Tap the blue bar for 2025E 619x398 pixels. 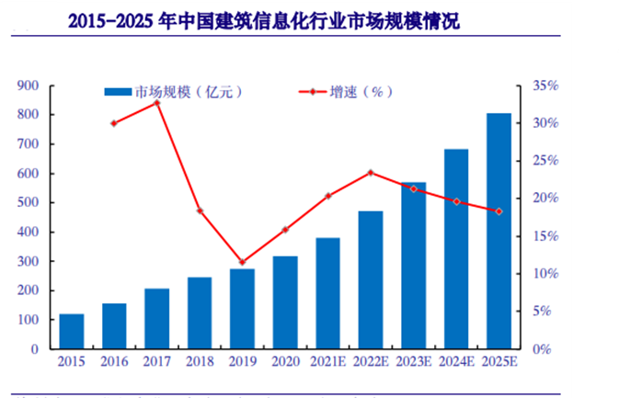coord(499,231)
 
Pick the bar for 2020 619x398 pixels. coord(285,302)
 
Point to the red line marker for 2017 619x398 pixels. coord(157,102)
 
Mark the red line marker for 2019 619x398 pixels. coord(243,262)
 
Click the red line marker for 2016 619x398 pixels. coord(114,122)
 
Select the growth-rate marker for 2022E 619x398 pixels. coord(371,172)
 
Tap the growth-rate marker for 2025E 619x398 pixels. coord(499,211)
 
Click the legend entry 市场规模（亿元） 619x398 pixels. coord(171,92)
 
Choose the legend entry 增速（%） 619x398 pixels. coord(339,92)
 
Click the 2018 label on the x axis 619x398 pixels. coord(200,361)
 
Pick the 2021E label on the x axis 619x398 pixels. coord(327,361)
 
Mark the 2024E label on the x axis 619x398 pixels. coord(456,361)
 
